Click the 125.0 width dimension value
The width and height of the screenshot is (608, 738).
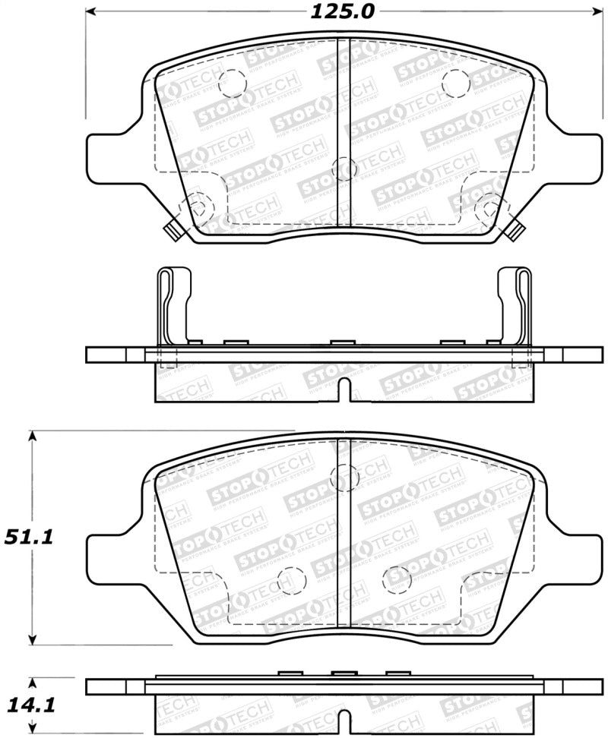click(x=343, y=11)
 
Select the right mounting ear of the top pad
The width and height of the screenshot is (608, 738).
click(x=575, y=158)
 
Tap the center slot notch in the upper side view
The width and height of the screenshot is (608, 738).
click(x=343, y=389)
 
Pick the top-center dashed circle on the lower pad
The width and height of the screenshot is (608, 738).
click(x=344, y=477)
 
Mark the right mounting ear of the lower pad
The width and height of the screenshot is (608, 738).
click(x=575, y=552)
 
